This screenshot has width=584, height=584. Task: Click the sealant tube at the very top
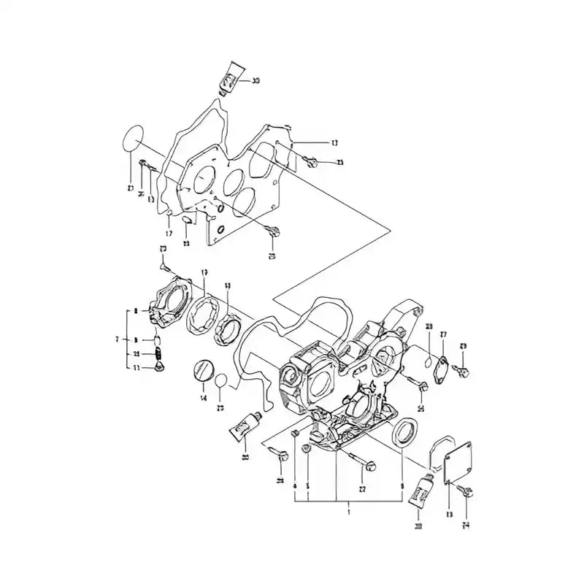coord(230,77)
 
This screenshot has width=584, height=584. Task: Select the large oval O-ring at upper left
coord(132,139)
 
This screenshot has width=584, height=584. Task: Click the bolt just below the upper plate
coord(274,234)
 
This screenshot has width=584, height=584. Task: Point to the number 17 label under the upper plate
coord(168,234)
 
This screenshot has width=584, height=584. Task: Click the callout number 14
coord(204,398)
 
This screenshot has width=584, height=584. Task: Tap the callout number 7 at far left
coord(117,339)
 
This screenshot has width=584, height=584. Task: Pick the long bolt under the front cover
coord(362,462)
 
